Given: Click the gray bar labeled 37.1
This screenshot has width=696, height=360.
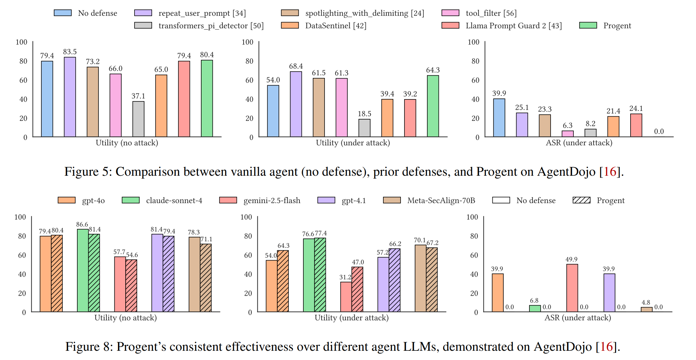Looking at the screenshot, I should point(138,119).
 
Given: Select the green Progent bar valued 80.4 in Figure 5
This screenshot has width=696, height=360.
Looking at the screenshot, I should point(207,98).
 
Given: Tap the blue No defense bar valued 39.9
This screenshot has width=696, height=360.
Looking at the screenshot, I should point(499,118).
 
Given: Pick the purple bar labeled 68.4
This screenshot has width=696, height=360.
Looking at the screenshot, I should point(296,104).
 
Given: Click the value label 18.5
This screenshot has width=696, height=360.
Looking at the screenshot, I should point(364,114).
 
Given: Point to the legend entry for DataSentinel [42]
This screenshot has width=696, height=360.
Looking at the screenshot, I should point(324,26).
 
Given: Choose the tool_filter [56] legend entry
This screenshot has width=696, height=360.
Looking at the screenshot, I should point(479,13).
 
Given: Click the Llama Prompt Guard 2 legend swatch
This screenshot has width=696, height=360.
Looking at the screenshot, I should point(450,26).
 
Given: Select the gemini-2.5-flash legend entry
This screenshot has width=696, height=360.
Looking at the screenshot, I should point(260,200).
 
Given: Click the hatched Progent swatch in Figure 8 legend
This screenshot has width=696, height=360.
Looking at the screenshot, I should point(581,200).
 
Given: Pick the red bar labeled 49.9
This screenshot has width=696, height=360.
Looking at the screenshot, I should point(572,288).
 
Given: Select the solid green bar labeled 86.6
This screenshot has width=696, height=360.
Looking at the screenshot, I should point(83,270).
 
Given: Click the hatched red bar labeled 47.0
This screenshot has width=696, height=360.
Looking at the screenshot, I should point(357,289).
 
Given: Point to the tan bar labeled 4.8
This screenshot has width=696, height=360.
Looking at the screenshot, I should point(646,309).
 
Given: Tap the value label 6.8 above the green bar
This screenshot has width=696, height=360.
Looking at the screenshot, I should point(534,301).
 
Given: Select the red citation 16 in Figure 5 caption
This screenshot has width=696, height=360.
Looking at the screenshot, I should point(610,172).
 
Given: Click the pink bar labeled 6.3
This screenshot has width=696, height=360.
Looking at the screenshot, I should point(567,134).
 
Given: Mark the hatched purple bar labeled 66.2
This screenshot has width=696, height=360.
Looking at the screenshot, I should point(395,280).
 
